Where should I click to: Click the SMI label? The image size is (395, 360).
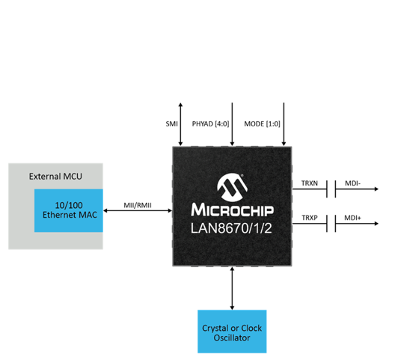[171, 123]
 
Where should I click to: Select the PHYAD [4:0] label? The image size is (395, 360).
[211, 123]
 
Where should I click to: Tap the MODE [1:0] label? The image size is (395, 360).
[262, 123]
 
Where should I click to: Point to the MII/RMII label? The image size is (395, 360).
[138, 205]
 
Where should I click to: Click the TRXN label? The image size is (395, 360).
[310, 183]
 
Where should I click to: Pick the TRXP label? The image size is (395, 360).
[310, 218]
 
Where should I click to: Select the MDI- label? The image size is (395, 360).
[352, 183]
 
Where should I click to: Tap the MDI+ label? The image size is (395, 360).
[352, 218]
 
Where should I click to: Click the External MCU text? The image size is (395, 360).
[55, 176]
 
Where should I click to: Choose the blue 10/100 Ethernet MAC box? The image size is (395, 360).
[69, 210]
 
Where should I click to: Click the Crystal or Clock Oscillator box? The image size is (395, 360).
[232, 332]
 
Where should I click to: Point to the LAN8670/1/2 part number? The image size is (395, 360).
[231, 228]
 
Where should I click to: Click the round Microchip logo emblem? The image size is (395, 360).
[232, 187]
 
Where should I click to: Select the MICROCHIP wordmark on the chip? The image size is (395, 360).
[232, 210]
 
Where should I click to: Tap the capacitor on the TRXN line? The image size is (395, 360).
[331, 189]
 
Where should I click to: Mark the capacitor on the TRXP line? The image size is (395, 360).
[331, 223]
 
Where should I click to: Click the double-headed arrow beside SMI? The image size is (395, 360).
[180, 124]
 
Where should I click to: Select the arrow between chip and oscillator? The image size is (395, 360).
[232, 288]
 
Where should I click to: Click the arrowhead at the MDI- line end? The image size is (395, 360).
[376, 189]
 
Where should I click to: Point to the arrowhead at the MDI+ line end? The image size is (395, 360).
[376, 223]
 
